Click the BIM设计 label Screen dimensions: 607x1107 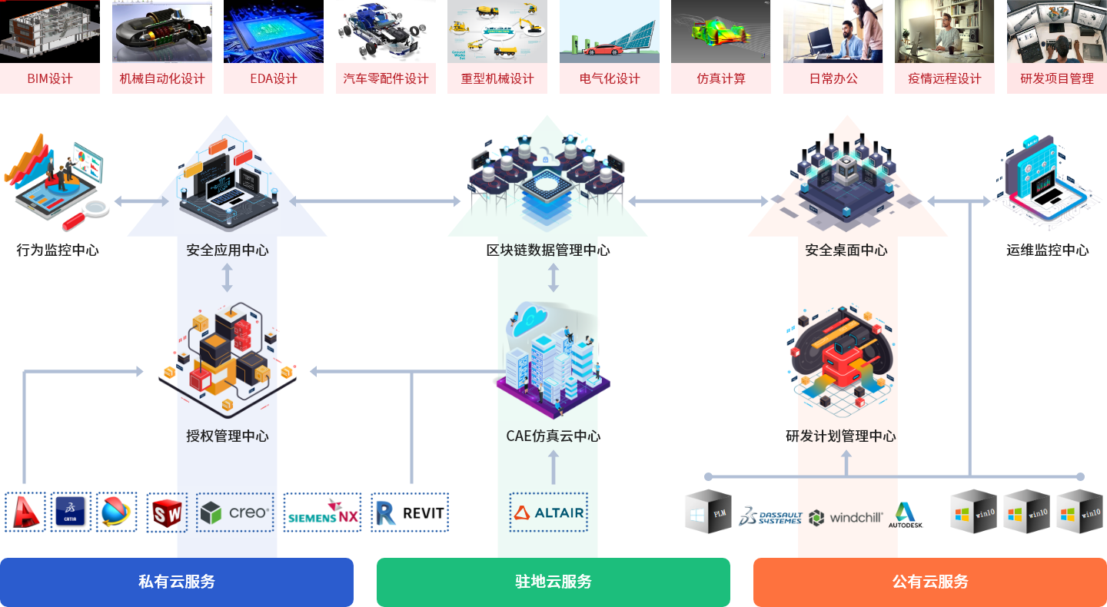coord(50,78)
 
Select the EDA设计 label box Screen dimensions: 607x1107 coord(274,78)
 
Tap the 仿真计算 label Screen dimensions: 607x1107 coord(721,78)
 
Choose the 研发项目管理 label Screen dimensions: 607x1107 coord(1057,78)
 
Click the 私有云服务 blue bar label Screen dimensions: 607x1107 coord(177,582)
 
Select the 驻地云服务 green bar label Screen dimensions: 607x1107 coord(553,582)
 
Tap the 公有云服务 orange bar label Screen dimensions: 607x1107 coord(930,582)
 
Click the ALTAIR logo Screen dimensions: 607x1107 coord(549,512)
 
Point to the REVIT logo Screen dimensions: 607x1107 coord(410,512)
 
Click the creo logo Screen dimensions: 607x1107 coord(235,512)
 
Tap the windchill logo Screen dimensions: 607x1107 coord(846,517)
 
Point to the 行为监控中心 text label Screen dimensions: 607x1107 coord(58,250)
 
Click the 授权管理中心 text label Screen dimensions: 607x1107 coord(228,436)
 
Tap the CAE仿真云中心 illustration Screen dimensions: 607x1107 coord(553,360)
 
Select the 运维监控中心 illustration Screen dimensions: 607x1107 coord(1047,182)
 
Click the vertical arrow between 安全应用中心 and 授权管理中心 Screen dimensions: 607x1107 coord(228,278)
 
